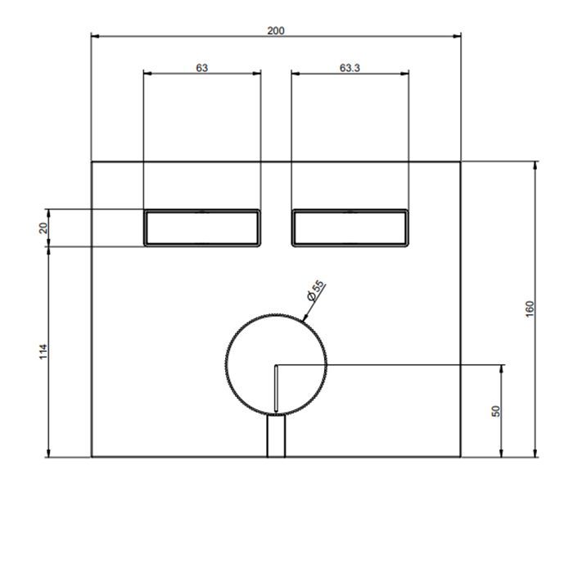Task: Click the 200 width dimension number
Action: [x=276, y=31]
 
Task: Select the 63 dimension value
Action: [x=201, y=68]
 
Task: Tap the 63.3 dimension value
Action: [x=350, y=68]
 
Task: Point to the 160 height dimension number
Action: [x=530, y=309]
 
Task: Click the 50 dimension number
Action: [x=496, y=411]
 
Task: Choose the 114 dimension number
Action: [x=43, y=351]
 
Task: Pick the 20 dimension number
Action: [x=43, y=228]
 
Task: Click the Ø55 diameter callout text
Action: [x=316, y=291]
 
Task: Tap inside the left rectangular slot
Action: [x=202, y=228]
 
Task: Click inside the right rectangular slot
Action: [x=350, y=228]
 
